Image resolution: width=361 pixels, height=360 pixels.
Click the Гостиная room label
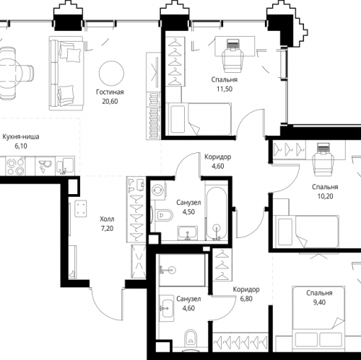110,92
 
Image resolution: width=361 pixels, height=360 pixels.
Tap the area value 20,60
110,102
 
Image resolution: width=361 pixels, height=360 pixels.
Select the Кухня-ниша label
21,137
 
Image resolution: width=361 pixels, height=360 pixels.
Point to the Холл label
107,219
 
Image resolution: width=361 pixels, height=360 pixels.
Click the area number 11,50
225,89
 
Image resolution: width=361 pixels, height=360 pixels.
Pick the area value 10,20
325,196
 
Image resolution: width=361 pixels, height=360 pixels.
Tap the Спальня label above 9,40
319,293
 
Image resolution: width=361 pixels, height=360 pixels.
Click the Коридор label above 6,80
246,289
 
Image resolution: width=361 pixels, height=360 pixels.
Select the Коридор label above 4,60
218,157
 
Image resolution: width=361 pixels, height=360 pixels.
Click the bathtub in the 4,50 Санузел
217,213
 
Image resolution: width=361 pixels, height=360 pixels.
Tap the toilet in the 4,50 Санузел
164,216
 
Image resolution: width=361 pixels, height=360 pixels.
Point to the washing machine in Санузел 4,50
158,189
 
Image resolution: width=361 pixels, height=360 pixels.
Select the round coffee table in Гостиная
111,74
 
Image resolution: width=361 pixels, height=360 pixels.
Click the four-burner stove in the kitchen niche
15,167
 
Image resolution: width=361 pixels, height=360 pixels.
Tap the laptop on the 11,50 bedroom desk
233,45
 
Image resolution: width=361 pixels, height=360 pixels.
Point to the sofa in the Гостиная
67,74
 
